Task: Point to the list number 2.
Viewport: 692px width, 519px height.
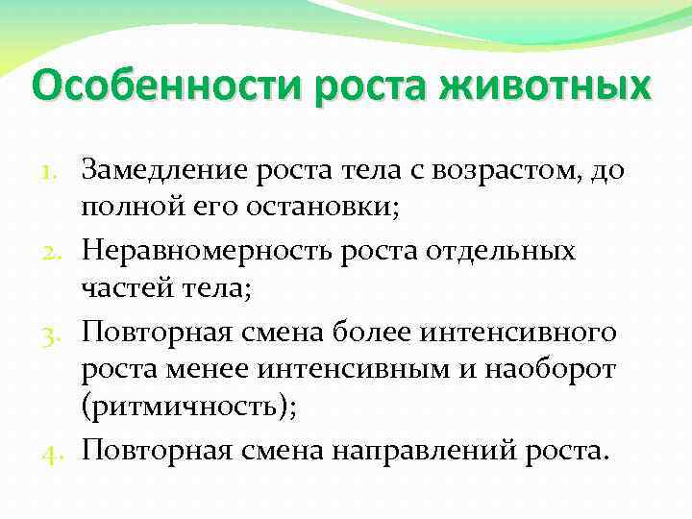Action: [x=57, y=253]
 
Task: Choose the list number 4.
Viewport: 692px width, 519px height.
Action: [x=57, y=450]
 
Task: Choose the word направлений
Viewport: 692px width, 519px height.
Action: [x=433, y=449]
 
